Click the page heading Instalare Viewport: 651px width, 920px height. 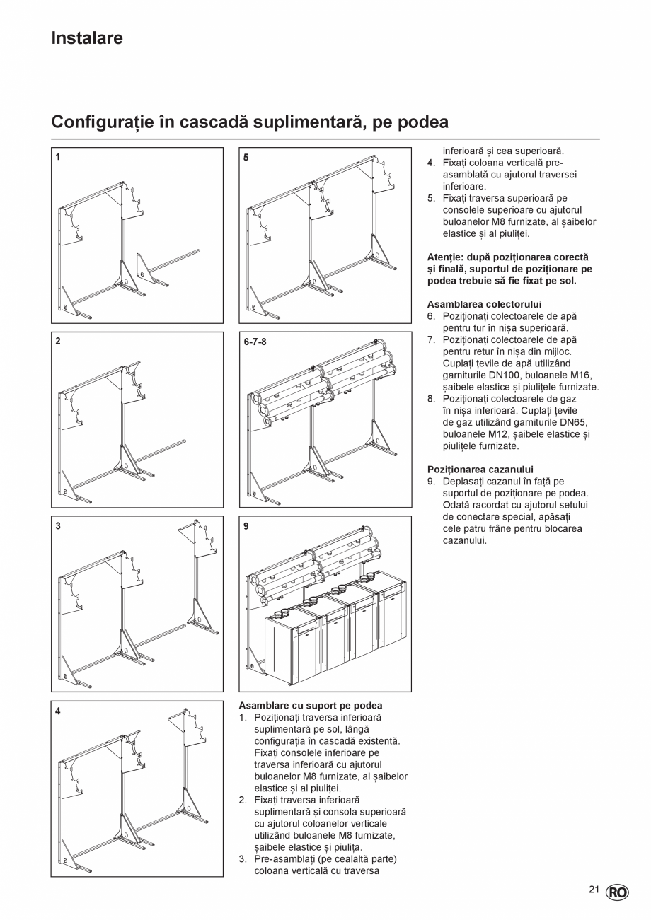pos(87,38)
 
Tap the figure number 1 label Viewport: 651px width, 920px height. pos(58,158)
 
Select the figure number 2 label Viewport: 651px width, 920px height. pos(58,341)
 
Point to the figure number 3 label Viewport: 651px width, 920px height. pos(58,525)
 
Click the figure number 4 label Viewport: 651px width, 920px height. pos(58,711)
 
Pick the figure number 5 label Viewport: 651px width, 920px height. pos(246,158)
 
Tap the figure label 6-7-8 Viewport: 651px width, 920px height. pos(254,342)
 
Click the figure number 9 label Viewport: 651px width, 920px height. pos(246,526)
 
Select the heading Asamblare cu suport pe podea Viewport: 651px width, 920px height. pos(310,706)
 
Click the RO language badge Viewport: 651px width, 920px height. pos(617,892)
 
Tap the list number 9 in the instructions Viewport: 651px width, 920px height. pos(430,482)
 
